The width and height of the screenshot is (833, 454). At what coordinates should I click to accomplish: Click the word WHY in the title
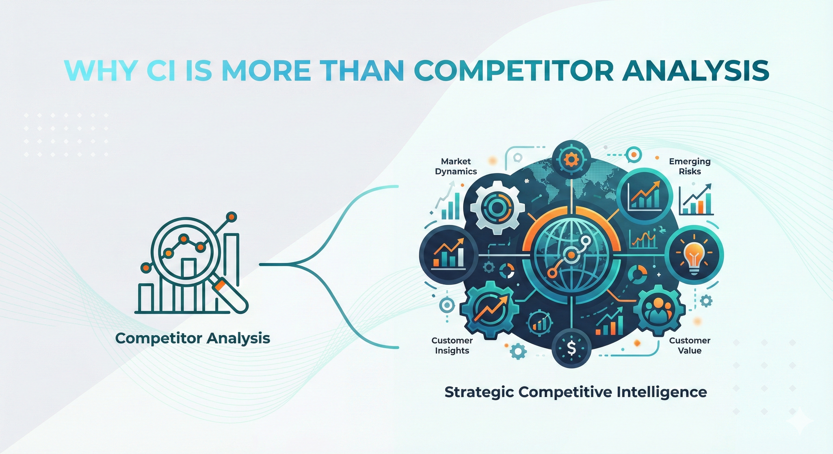(x=100, y=71)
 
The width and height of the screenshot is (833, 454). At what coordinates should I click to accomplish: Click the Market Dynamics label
(x=456, y=166)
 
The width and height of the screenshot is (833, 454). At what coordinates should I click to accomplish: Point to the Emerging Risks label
(x=690, y=166)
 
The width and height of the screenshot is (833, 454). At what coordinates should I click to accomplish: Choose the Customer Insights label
(x=452, y=345)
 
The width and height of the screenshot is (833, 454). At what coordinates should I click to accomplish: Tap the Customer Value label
(x=690, y=345)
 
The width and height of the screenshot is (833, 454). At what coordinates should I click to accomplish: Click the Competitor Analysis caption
(x=193, y=339)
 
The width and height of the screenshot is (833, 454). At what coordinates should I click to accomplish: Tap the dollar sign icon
(x=571, y=348)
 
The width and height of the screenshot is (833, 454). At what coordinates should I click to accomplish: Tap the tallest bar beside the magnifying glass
(x=232, y=260)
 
